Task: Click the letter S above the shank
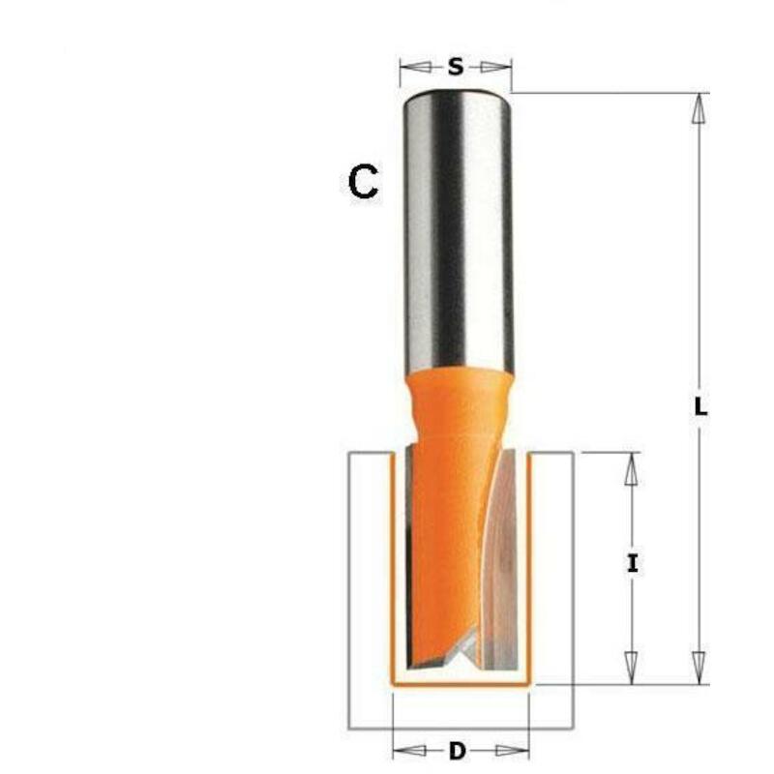456,66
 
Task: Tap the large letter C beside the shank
364,182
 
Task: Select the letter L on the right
700,407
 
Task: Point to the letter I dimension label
633,563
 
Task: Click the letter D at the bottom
458,751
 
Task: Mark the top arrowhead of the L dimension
698,108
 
